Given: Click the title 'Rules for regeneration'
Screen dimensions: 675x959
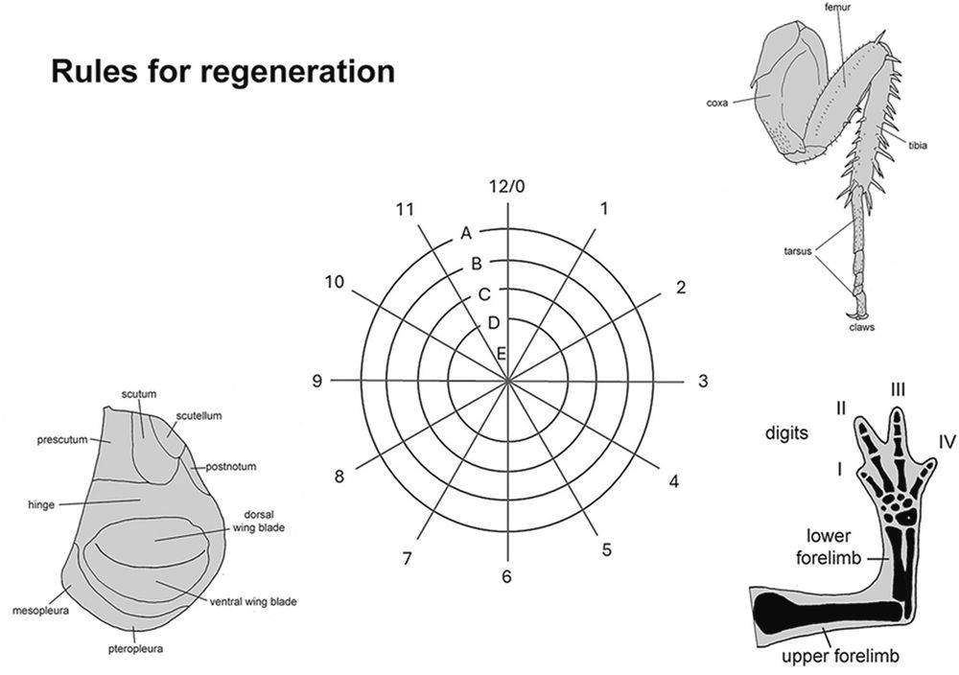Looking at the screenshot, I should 222,72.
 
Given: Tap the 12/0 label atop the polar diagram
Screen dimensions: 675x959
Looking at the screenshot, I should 506,185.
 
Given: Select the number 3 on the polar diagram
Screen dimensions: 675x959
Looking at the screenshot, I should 702,382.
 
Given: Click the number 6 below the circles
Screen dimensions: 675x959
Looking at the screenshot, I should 506,576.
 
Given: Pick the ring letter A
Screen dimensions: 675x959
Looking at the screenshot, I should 466,233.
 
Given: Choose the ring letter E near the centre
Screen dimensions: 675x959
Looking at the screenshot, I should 501,354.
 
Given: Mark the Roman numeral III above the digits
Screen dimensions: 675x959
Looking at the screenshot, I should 898,388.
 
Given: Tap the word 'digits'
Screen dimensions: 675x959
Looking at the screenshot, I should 786,432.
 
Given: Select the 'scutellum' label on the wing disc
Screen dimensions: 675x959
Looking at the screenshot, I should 199,416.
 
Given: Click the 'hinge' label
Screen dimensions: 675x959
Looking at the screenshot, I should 42,502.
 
